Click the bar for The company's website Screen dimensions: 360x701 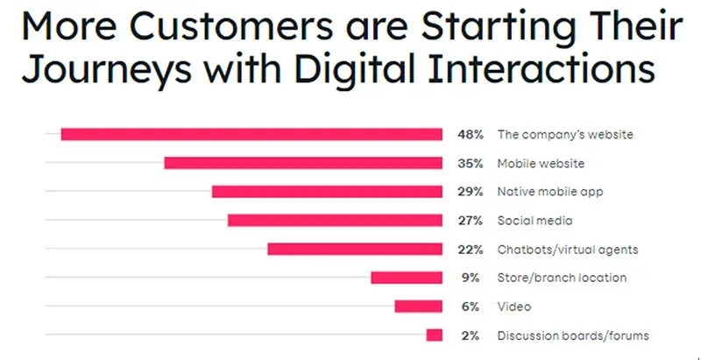(x=251, y=134)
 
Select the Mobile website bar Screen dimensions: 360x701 (x=303, y=163)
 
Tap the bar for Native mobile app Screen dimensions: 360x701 (x=327, y=192)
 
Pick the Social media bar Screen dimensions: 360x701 (x=335, y=221)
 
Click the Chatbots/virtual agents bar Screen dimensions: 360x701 (x=355, y=250)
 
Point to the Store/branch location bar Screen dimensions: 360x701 (x=407, y=278)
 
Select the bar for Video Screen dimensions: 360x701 (x=418, y=307)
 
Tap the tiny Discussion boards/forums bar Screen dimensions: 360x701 (x=435, y=335)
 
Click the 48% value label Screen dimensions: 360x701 (x=470, y=135)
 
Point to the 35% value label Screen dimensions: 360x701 (x=470, y=164)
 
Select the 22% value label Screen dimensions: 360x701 (x=470, y=250)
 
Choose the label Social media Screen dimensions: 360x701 (x=535, y=221)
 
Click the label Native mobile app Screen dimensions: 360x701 (x=550, y=192)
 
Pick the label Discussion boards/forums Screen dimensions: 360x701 (x=573, y=335)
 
